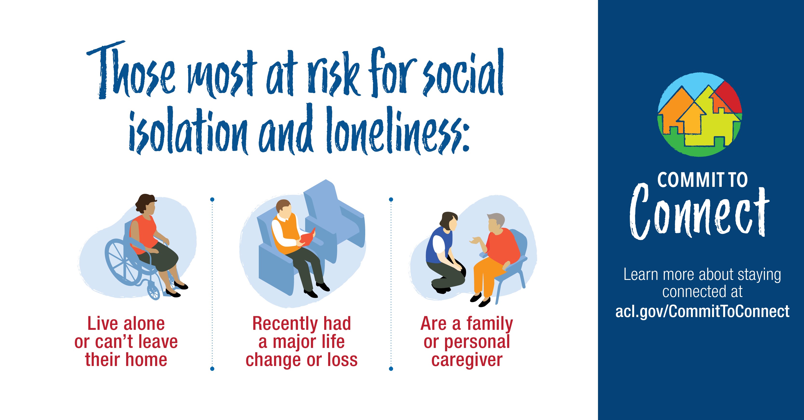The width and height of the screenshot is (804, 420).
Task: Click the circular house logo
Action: [700, 115]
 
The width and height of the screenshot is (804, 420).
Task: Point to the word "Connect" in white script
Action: [699, 212]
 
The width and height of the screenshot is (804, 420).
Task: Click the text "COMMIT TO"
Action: [702, 180]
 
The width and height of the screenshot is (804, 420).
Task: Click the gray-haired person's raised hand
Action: [475, 241]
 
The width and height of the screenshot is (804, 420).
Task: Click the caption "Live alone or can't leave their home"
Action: [126, 341]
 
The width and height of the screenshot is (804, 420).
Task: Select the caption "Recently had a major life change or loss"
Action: [302, 341]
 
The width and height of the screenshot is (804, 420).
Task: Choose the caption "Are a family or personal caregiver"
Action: [467, 341]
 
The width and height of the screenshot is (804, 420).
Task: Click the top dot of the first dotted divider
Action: [212, 199]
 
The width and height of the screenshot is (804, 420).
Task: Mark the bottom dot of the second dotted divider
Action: [391, 369]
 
